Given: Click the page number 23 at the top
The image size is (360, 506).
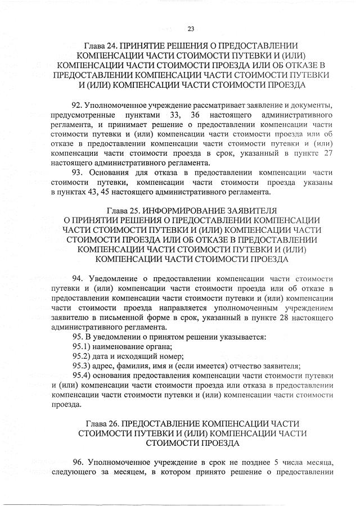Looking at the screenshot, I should pyautogui.click(x=190, y=29).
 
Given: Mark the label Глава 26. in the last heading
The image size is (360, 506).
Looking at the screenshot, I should pyautogui.click(x=102, y=422).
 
